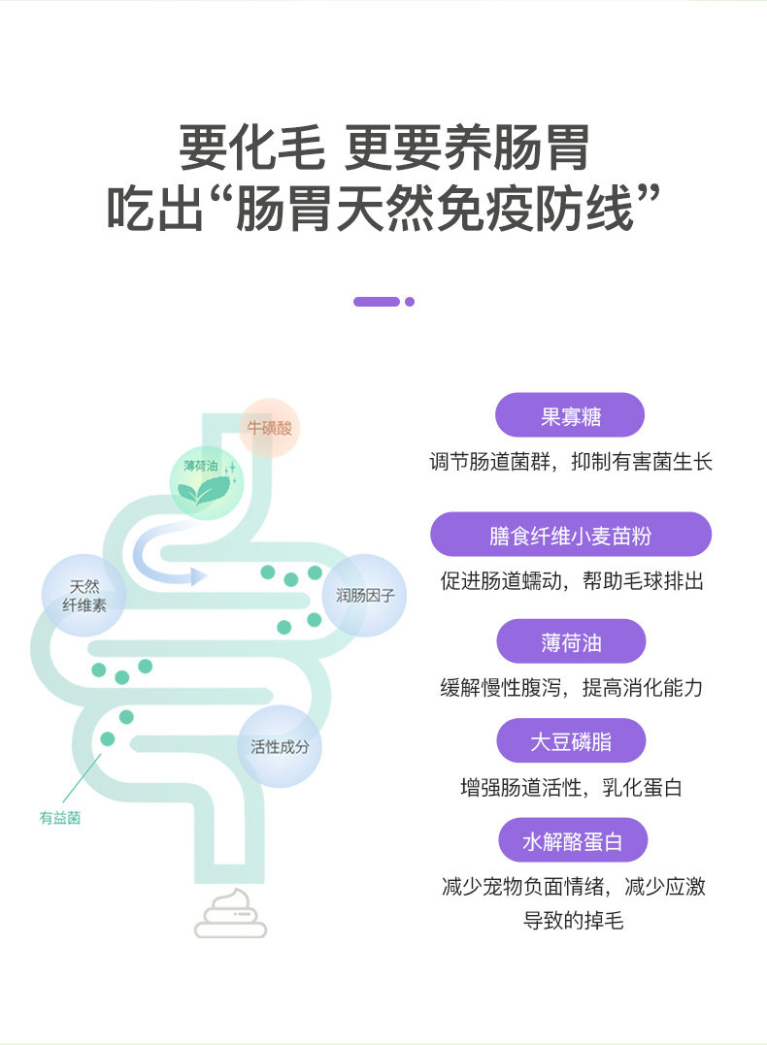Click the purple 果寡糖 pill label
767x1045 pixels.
pyautogui.click(x=570, y=415)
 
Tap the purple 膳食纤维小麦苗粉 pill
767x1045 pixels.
pyautogui.click(x=571, y=535)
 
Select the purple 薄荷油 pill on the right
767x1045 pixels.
pyautogui.click(x=571, y=642)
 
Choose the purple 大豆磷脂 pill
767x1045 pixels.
pyautogui.click(x=571, y=741)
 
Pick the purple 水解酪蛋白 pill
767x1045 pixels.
pyautogui.click(x=572, y=840)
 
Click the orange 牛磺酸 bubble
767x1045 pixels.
pyautogui.click(x=269, y=427)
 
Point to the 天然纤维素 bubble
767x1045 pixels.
pyautogui.click(x=84, y=595)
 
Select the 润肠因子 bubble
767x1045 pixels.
pyautogui.click(x=364, y=595)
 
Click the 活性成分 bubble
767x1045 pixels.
pyautogui.click(x=280, y=746)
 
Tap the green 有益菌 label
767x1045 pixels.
pyautogui.click(x=60, y=818)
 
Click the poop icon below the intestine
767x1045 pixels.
pyautogui.click(x=231, y=915)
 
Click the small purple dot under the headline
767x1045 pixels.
pyautogui.click(x=410, y=302)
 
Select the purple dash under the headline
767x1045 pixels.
pyautogui.click(x=377, y=302)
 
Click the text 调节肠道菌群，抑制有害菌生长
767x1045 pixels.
pyautogui.click(x=571, y=462)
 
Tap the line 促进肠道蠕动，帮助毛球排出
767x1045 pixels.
pyautogui.click(x=571, y=581)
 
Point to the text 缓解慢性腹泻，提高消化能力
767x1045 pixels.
pyautogui.click(x=571, y=688)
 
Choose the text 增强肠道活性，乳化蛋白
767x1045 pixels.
pyautogui.click(x=571, y=787)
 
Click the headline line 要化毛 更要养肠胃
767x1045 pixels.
pyautogui.click(x=383, y=148)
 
